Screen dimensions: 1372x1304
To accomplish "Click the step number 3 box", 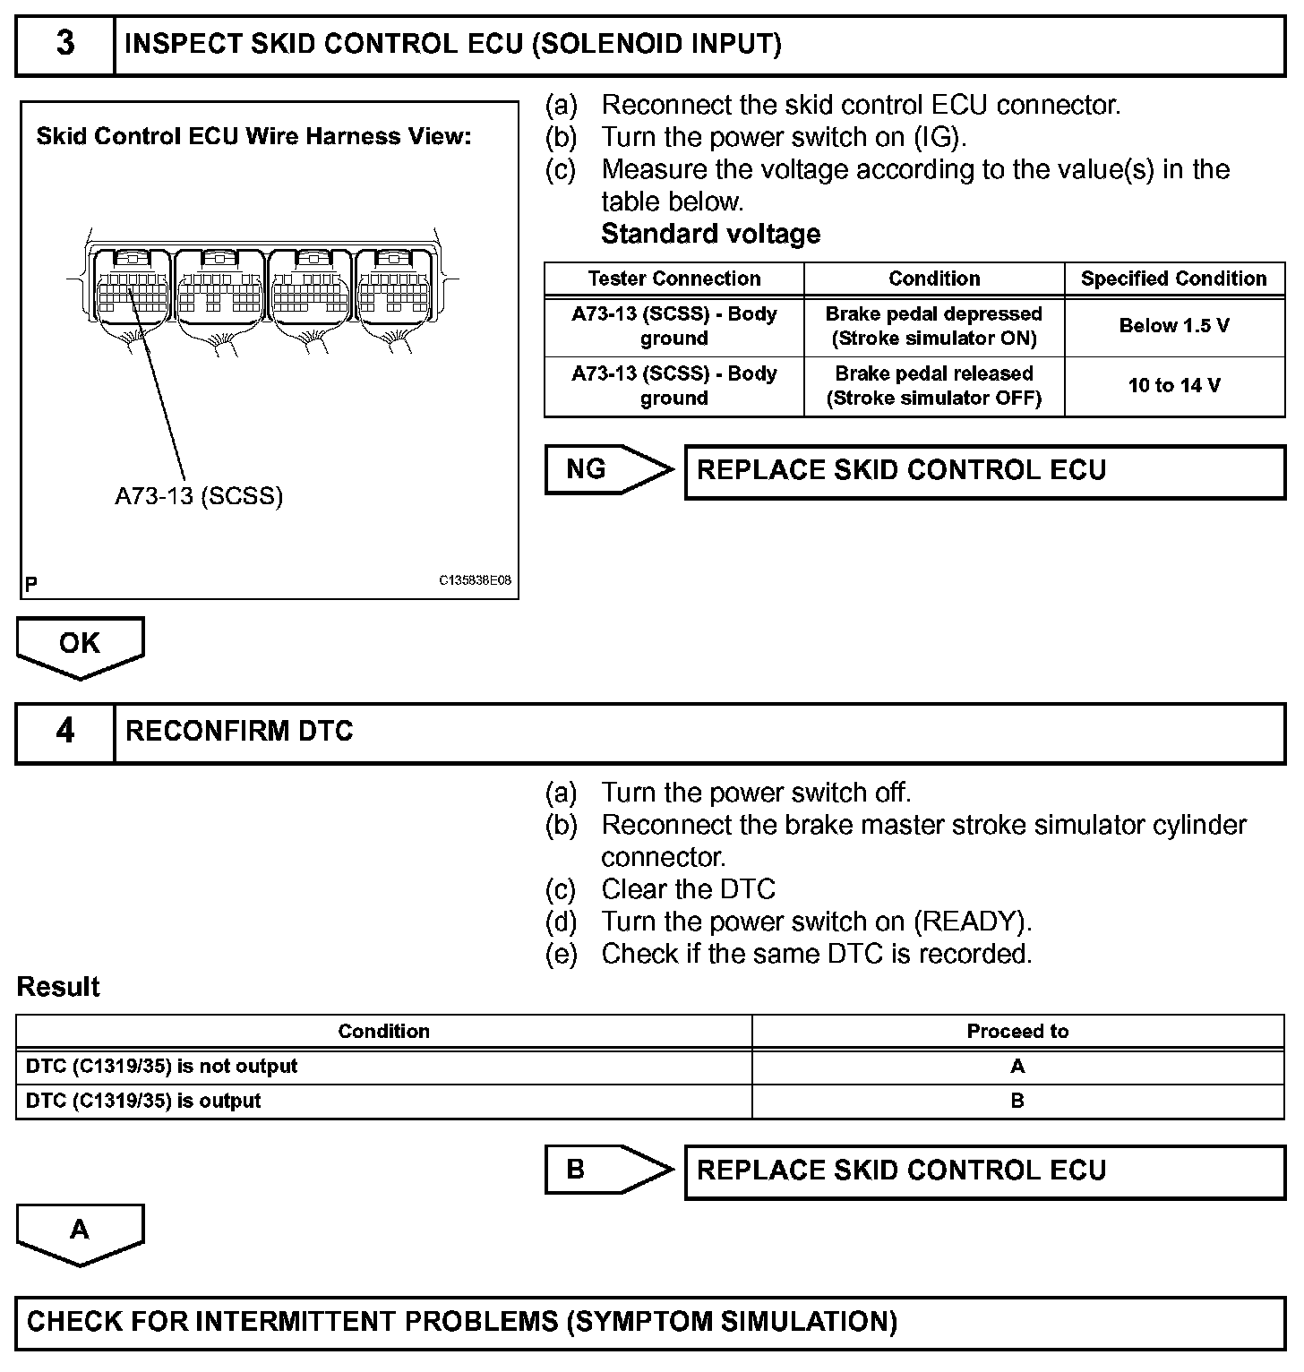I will (x=65, y=45).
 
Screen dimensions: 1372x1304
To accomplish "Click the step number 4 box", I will (x=65, y=733).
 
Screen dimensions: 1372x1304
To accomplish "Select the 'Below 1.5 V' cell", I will (x=1173, y=326).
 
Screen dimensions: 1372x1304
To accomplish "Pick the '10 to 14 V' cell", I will (x=1173, y=386).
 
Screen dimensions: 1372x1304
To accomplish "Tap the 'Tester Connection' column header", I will (x=673, y=279).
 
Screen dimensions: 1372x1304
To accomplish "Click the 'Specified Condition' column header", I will (x=1173, y=279).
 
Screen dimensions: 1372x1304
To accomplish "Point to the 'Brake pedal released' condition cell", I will (x=933, y=386).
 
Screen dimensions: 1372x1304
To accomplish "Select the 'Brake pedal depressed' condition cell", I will (x=933, y=326).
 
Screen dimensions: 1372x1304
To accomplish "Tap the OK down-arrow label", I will (x=80, y=644).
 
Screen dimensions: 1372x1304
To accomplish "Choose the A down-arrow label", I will (x=80, y=1231).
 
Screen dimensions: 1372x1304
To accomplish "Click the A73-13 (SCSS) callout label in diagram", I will (x=199, y=496).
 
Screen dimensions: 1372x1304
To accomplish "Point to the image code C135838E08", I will (x=475, y=580).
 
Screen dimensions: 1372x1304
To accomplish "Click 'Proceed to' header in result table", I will (x=1017, y=1032).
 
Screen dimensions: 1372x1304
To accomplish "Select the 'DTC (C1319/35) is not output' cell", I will (x=162, y=1067).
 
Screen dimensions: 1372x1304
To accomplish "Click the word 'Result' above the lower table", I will (x=58, y=987).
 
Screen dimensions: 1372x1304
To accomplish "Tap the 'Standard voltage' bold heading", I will (x=710, y=234).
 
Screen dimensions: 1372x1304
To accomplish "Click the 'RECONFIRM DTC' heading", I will (x=239, y=732).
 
